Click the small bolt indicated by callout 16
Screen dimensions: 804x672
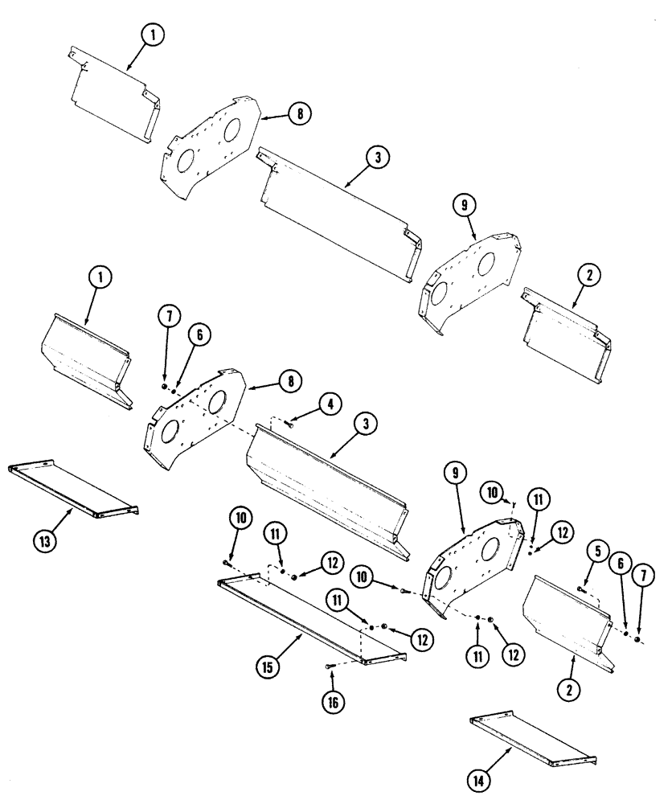point(329,666)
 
